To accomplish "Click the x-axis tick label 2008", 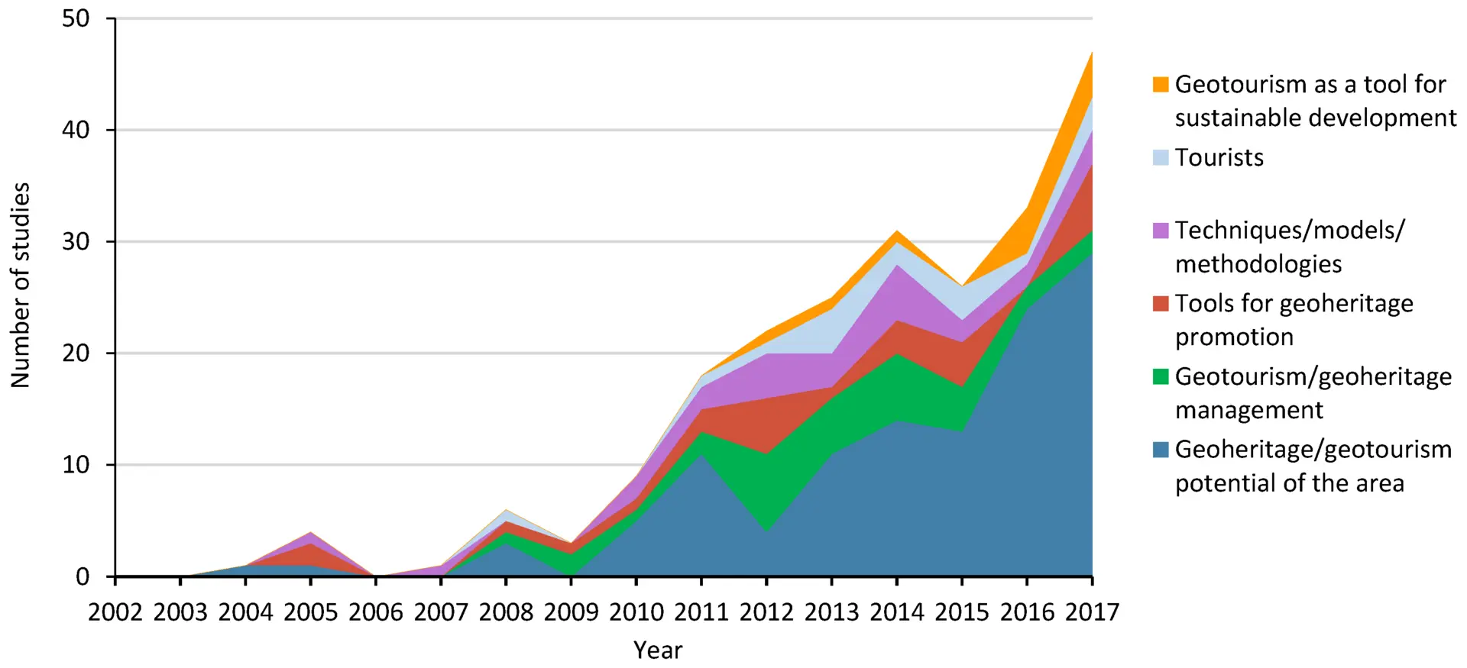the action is tap(506, 612).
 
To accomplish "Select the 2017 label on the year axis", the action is tap(1092, 612).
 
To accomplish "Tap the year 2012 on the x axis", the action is tap(766, 612).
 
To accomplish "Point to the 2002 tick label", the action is tap(115, 612).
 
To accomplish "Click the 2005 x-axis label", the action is tap(310, 612).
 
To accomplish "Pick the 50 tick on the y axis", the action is tap(76, 18).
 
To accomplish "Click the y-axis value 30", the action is tap(76, 241).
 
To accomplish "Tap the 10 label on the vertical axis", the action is tap(76, 464).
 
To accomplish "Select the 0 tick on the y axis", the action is tap(83, 576).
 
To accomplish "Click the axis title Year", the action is tap(658, 650).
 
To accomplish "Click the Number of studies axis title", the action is tap(21, 285).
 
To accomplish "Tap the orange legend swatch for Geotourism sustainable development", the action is tap(1161, 84).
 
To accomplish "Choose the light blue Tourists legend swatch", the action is tap(1161, 157).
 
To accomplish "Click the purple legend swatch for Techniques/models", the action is tap(1161, 231).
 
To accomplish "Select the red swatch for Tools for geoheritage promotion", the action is tap(1161, 303).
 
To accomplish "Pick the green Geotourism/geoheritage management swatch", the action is tap(1161, 376).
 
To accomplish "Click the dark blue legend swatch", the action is tap(1161, 450).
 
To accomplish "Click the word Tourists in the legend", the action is tap(1219, 157).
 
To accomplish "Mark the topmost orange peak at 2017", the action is tap(1092, 53).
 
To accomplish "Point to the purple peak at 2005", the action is tap(310, 532).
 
